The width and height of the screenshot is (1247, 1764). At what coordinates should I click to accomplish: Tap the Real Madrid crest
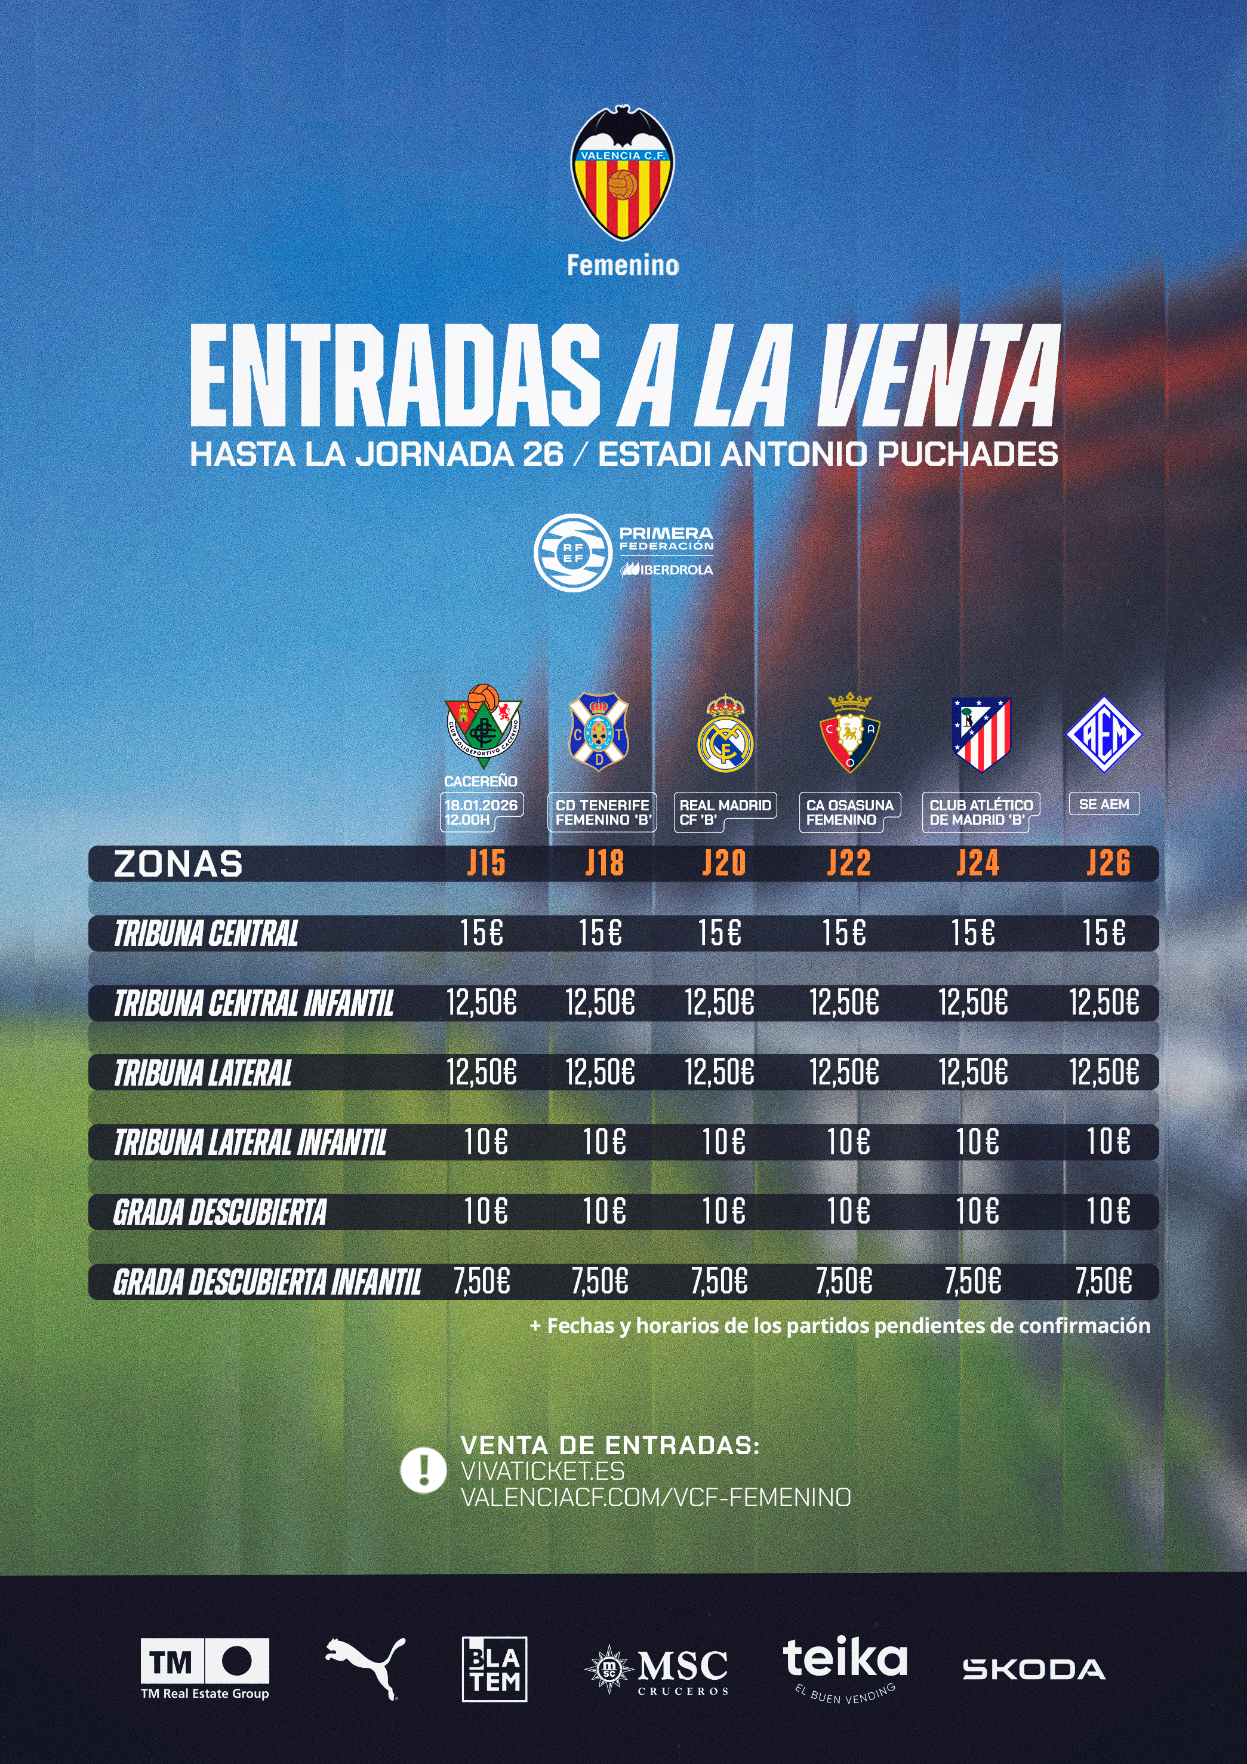click(x=725, y=735)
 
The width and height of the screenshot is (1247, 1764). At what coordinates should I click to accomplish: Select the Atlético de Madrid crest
click(x=981, y=734)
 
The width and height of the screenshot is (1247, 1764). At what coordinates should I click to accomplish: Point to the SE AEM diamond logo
click(x=1104, y=734)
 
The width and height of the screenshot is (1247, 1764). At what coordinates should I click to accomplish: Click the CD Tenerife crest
click(x=599, y=732)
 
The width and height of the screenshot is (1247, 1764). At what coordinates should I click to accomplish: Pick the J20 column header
click(x=724, y=863)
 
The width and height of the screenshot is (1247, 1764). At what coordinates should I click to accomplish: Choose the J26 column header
click(x=1108, y=863)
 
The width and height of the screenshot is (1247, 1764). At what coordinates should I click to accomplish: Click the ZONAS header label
click(x=178, y=863)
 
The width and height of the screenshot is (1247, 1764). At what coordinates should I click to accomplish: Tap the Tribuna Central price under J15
click(x=482, y=933)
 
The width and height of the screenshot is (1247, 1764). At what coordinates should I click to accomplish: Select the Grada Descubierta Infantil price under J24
click(x=973, y=1281)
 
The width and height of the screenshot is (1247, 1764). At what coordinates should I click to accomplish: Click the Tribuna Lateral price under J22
click(x=844, y=1072)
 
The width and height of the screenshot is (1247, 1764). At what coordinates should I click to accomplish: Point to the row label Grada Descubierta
click(x=220, y=1212)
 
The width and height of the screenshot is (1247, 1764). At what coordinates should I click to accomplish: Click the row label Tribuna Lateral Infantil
click(x=250, y=1142)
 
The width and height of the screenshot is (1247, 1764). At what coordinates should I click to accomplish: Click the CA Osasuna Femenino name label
click(x=849, y=812)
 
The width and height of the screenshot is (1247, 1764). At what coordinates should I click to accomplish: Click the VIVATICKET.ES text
click(x=542, y=1471)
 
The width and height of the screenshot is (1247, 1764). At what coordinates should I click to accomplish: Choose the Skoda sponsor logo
click(x=1033, y=1670)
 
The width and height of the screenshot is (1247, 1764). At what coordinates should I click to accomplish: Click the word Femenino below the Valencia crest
click(x=623, y=266)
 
